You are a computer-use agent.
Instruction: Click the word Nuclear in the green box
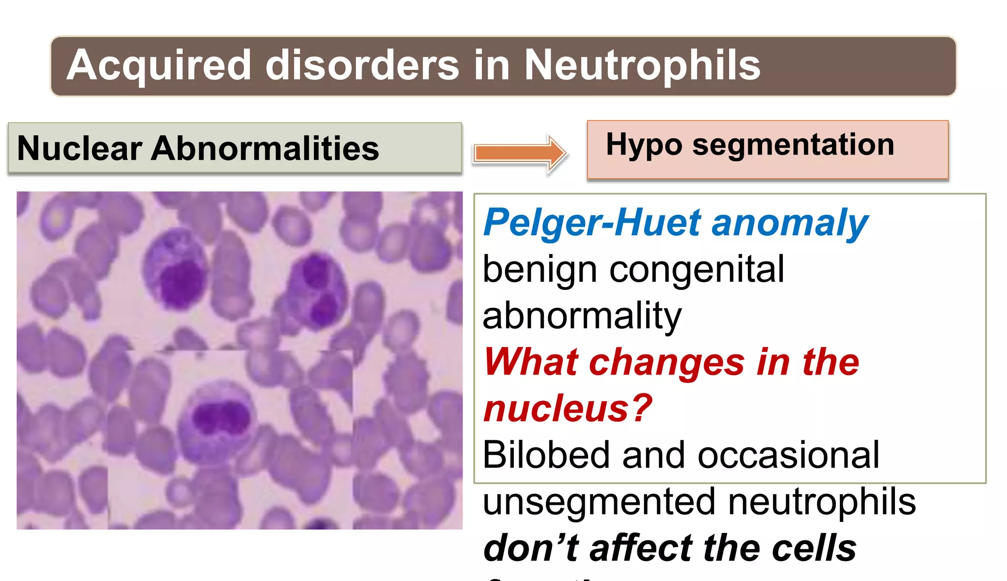click(x=79, y=148)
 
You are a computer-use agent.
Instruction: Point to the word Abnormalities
click(x=265, y=148)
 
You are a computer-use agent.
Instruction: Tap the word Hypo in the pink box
click(x=644, y=145)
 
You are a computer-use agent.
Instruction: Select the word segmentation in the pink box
click(x=793, y=145)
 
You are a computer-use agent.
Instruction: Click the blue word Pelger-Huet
click(x=592, y=223)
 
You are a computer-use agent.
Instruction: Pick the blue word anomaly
click(x=790, y=223)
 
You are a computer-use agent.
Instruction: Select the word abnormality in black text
click(x=582, y=316)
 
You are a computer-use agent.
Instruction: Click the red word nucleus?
click(x=568, y=408)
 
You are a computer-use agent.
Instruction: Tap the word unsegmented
click(x=598, y=501)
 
